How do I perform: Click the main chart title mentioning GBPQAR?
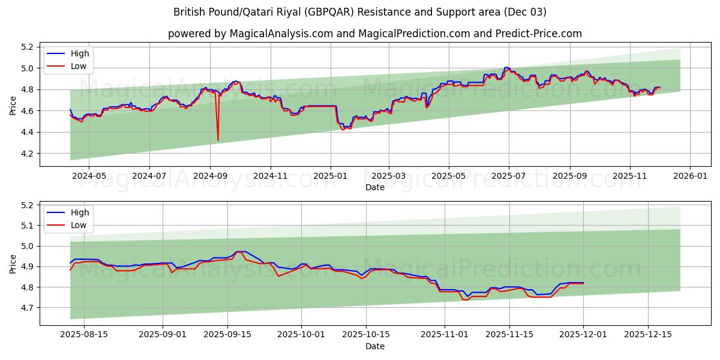pyautogui.click(x=360, y=12)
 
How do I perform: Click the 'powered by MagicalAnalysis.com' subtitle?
pyautogui.click(x=374, y=34)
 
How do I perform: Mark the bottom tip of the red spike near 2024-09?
pyautogui.click(x=218, y=140)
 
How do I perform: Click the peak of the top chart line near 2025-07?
pyautogui.click(x=507, y=68)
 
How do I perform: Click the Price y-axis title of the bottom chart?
pyautogui.click(x=13, y=263)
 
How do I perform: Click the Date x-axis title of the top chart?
pyautogui.click(x=374, y=188)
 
